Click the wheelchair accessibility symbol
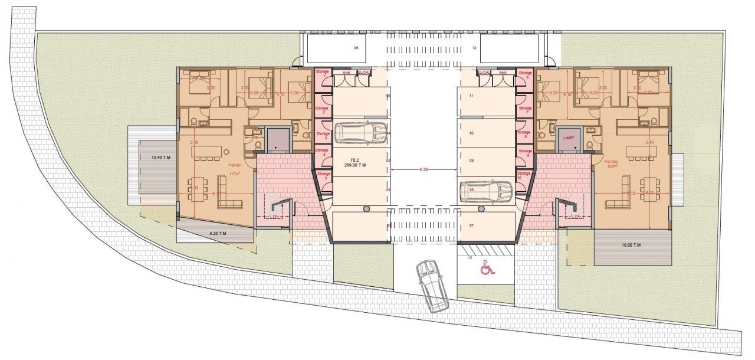(x=487, y=268)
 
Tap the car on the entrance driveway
(x=432, y=286)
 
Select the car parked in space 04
(x=361, y=133)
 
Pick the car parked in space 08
(x=486, y=191)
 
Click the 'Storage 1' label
(x=322, y=74)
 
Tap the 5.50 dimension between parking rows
(x=424, y=170)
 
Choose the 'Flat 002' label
(x=612, y=161)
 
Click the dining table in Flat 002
(x=651, y=189)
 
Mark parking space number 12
(x=474, y=48)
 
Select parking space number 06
(x=356, y=48)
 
